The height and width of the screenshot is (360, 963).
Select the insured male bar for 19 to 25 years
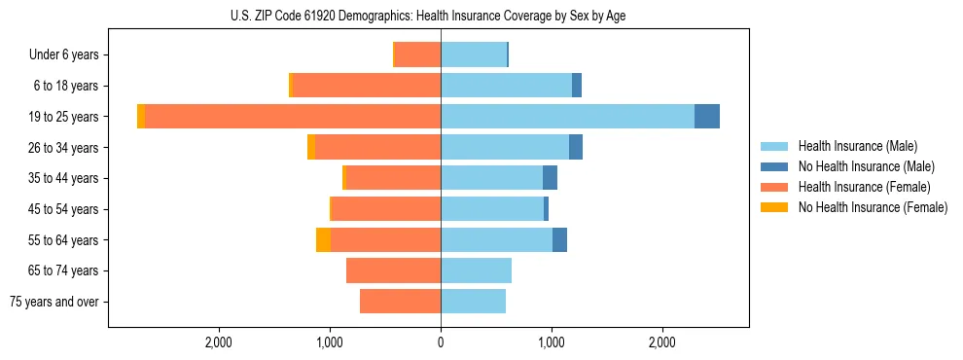pyautogui.click(x=567, y=117)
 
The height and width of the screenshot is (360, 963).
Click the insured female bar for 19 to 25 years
pyautogui.click(x=292, y=117)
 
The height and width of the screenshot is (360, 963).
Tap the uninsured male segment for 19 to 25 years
pyautogui.click(x=707, y=117)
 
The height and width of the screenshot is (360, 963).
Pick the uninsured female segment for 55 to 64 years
pyautogui.click(x=323, y=240)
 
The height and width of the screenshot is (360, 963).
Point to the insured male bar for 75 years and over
pyautogui.click(x=473, y=302)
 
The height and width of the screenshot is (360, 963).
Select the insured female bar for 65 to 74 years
pyautogui.click(x=393, y=270)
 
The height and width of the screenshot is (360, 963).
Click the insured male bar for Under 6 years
pyautogui.click(x=474, y=54)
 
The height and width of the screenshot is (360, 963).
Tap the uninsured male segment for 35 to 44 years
pyautogui.click(x=550, y=178)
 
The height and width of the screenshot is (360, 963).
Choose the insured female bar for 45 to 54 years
pyautogui.click(x=386, y=209)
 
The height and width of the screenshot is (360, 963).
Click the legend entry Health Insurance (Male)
pyautogui.click(x=857, y=146)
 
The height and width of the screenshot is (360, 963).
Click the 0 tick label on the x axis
pyautogui.click(x=441, y=342)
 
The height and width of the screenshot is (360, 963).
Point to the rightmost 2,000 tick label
pyautogui.click(x=662, y=342)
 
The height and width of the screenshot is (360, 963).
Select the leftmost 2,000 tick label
pyautogui.click(x=218, y=342)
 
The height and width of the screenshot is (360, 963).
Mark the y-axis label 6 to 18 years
pyautogui.click(x=66, y=86)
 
